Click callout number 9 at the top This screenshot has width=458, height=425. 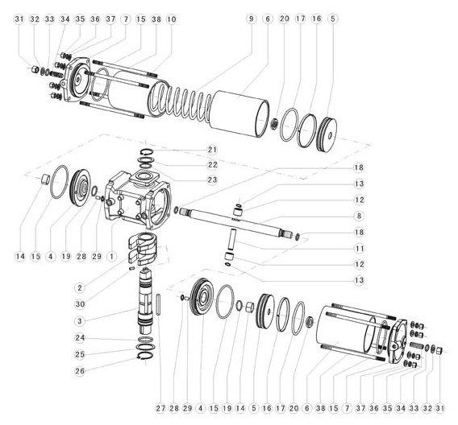251,19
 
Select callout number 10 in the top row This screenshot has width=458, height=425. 172,19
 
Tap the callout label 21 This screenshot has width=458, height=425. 212,150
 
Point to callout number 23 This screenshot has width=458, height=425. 212,179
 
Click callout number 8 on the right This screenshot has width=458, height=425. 359,216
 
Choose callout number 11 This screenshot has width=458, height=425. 359,249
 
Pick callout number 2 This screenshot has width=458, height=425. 80,287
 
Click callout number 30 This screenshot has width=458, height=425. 80,304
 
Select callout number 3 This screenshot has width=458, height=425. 80,321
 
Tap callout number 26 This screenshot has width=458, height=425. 80,371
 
